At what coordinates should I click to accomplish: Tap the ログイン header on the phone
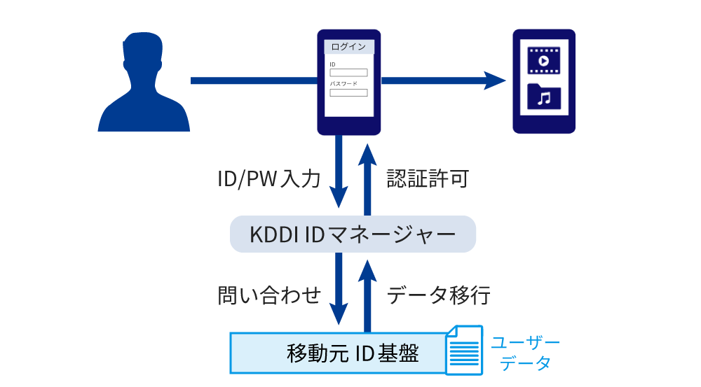click(348, 48)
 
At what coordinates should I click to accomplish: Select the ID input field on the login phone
click(348, 72)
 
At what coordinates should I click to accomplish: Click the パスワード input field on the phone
click(348, 92)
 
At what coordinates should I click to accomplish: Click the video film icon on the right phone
click(544, 61)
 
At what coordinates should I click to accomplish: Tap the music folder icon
click(544, 97)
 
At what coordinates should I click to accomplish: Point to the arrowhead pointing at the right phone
click(494, 80)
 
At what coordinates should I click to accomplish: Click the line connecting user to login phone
click(252, 80)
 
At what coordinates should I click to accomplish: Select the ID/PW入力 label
click(269, 179)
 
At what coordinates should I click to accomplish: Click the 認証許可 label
click(428, 179)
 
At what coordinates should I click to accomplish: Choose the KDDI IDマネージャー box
click(353, 234)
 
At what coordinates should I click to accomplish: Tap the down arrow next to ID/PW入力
click(339, 171)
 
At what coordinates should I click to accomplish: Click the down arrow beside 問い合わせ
click(339, 287)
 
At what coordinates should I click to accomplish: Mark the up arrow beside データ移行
click(366, 294)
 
